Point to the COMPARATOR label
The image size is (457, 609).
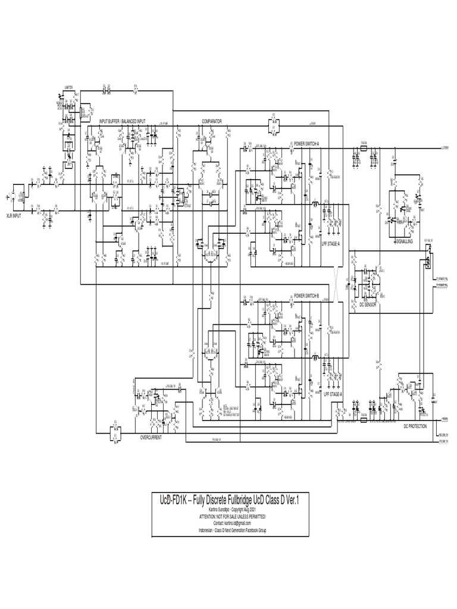tap(212, 121)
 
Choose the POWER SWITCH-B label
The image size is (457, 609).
tap(306, 296)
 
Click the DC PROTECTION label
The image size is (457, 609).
tap(415, 426)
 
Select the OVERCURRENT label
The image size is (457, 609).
tap(151, 437)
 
